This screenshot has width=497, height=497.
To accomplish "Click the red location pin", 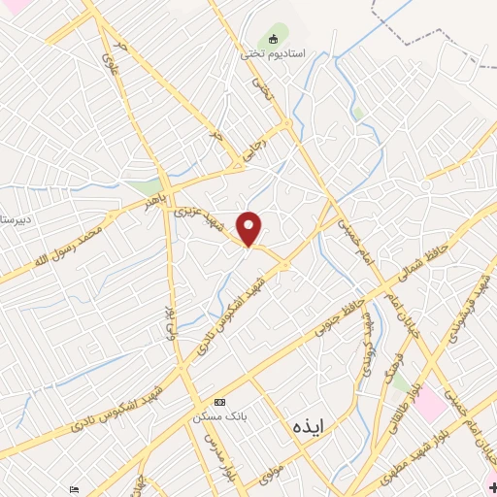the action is pyautogui.click(x=249, y=228).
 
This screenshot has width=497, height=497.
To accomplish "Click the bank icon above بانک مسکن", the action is pyautogui.click(x=219, y=402).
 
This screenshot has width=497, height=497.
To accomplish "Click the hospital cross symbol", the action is pyautogui.click(x=491, y=485).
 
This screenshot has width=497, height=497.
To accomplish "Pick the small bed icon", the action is pyautogui.click(x=75, y=488).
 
